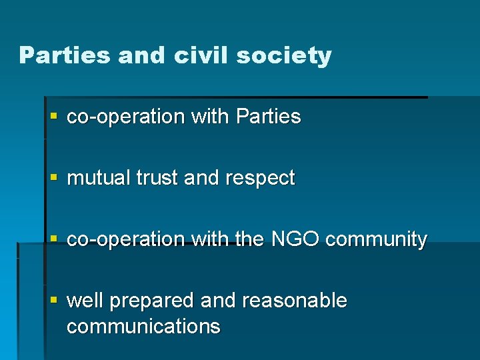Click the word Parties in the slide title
[x=65, y=55]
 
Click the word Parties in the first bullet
[x=268, y=117]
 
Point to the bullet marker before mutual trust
[x=55, y=178]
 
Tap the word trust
[x=157, y=178]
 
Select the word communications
[x=143, y=327]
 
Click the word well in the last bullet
[x=85, y=301]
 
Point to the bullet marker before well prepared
[x=55, y=301]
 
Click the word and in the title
[x=143, y=55]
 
